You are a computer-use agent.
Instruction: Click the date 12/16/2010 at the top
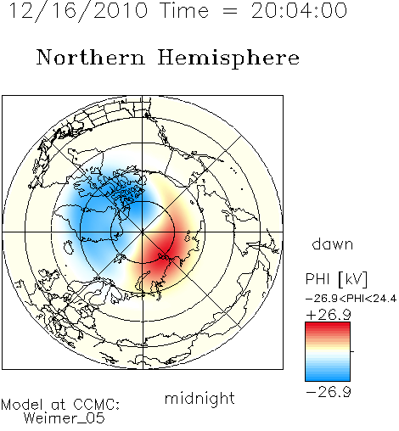click(x=78, y=11)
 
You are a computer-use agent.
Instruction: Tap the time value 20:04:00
click(x=300, y=11)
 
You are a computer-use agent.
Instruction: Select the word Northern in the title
click(x=91, y=58)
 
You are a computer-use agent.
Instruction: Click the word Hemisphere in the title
click(x=228, y=59)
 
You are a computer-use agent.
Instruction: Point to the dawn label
click(x=333, y=243)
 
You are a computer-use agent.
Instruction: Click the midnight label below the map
click(x=199, y=399)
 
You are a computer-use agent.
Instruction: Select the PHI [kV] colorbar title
click(x=336, y=278)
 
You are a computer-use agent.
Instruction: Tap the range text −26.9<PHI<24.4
click(x=351, y=299)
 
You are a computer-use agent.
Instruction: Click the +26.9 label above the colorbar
click(x=329, y=315)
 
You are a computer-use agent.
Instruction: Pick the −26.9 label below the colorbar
click(x=329, y=392)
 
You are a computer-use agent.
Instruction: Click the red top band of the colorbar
click(x=328, y=326)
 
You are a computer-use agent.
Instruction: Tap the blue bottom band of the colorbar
click(x=328, y=377)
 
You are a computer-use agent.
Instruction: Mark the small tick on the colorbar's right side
click(x=352, y=351)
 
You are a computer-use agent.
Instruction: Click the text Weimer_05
click(x=65, y=417)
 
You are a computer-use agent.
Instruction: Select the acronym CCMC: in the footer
click(x=97, y=405)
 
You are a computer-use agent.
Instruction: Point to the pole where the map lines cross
click(x=143, y=232)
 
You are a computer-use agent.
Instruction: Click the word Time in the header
click(x=184, y=11)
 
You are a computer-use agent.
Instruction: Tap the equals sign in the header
click(x=229, y=12)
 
